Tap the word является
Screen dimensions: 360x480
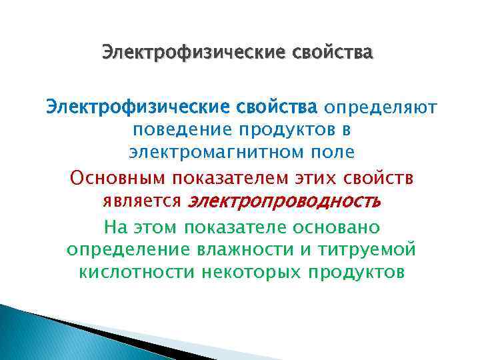click(142, 201)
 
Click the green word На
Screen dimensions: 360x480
click(115, 227)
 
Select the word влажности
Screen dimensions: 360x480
click(251, 251)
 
